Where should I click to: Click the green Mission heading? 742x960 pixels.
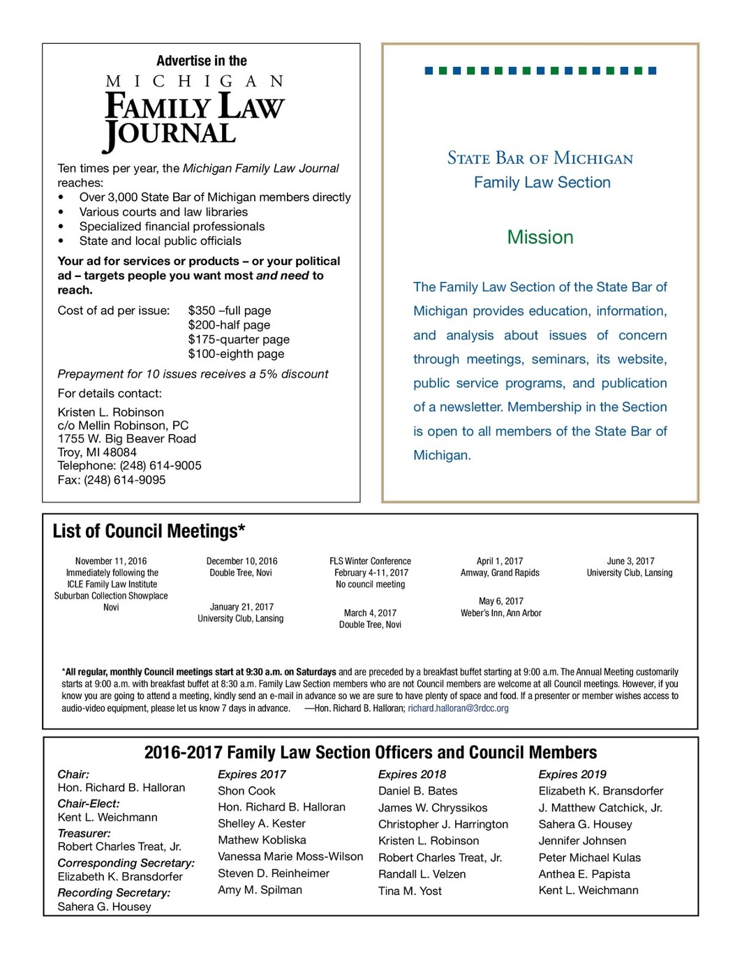[540, 237]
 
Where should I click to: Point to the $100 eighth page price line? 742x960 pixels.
[236, 354]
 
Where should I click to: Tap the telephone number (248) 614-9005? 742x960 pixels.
[160, 465]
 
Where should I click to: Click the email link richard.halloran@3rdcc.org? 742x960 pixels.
[458, 708]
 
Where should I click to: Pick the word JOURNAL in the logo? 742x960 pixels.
[170, 133]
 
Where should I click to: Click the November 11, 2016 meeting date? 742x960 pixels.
[111, 561]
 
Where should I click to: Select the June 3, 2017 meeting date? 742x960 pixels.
[630, 561]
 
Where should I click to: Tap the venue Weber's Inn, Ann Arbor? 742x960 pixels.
[500, 613]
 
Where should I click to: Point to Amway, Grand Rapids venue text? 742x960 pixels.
[500, 573]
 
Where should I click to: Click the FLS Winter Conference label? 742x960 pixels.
[370, 561]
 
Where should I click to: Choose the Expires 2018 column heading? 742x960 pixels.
[412, 774]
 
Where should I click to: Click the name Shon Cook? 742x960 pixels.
[246, 791]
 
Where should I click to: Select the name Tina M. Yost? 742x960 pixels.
[410, 891]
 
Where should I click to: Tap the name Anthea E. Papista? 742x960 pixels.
[584, 874]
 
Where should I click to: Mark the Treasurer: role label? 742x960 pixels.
[84, 833]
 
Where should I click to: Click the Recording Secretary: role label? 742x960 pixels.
[114, 893]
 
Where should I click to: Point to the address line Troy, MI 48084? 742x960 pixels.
[97, 452]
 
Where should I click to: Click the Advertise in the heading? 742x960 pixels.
[201, 61]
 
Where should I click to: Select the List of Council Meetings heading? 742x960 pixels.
[149, 532]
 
